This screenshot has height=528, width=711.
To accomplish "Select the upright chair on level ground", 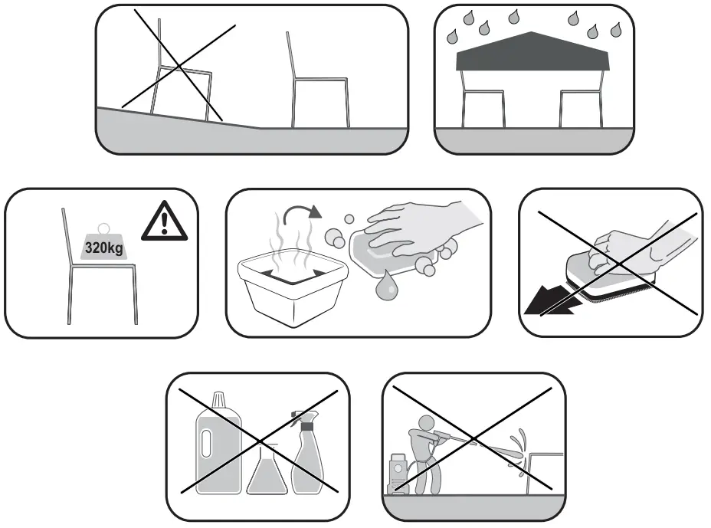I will [317, 92].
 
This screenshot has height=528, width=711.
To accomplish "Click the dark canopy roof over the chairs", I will [533, 54].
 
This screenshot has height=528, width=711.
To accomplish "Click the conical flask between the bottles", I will [264, 474].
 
